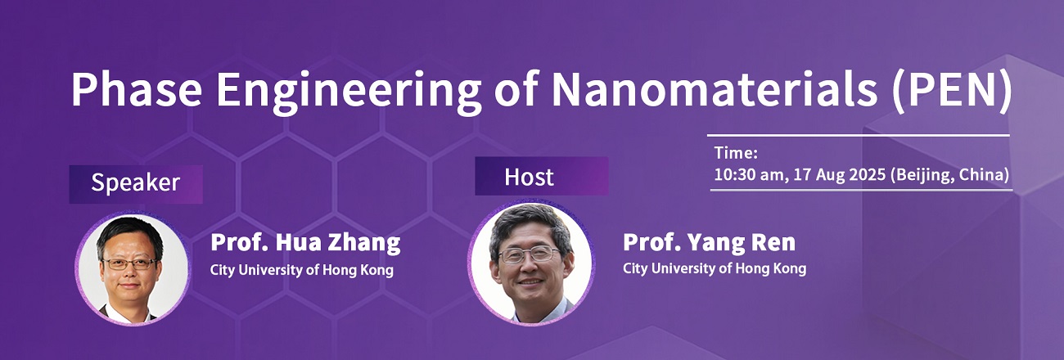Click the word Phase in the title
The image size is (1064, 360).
137,89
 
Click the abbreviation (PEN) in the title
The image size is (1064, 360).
952,92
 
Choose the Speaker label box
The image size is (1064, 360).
136,184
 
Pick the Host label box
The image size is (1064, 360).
542,176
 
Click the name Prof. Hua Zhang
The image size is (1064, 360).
305,243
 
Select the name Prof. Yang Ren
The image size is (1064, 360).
709,242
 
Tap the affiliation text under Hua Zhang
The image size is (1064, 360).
302,270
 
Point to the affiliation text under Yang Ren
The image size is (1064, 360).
715,269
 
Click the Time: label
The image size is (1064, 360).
736,153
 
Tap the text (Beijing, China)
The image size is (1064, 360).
950,175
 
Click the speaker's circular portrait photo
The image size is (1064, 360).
132,269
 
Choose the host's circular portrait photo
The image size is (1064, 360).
531,263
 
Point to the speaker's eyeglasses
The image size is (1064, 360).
129,263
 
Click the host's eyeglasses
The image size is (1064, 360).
530,254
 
